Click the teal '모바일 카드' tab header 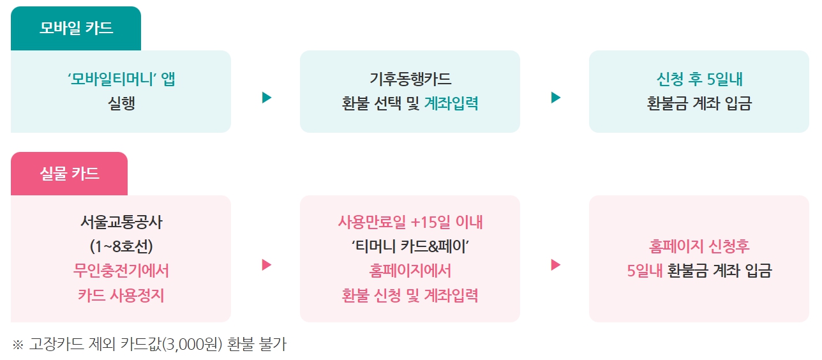click(76, 28)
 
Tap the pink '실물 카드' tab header click(70, 174)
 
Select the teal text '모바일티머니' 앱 click(121, 79)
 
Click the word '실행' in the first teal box click(121, 103)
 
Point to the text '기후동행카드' click(410, 79)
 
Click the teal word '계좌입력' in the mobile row click(451, 103)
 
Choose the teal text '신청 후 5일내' click(699, 79)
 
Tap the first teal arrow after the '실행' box click(267, 98)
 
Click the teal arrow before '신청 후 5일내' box click(556, 98)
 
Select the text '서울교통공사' click(121, 222)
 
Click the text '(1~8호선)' click(121, 246)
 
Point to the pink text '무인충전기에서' click(121, 271)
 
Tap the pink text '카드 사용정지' click(121, 296)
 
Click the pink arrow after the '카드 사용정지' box click(267, 265)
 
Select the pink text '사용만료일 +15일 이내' click(410, 222)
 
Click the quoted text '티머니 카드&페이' click(410, 246)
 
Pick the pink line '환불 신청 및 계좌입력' click(410, 296)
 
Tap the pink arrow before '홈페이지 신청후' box click(556, 265)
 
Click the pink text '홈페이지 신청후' click(699, 246)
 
